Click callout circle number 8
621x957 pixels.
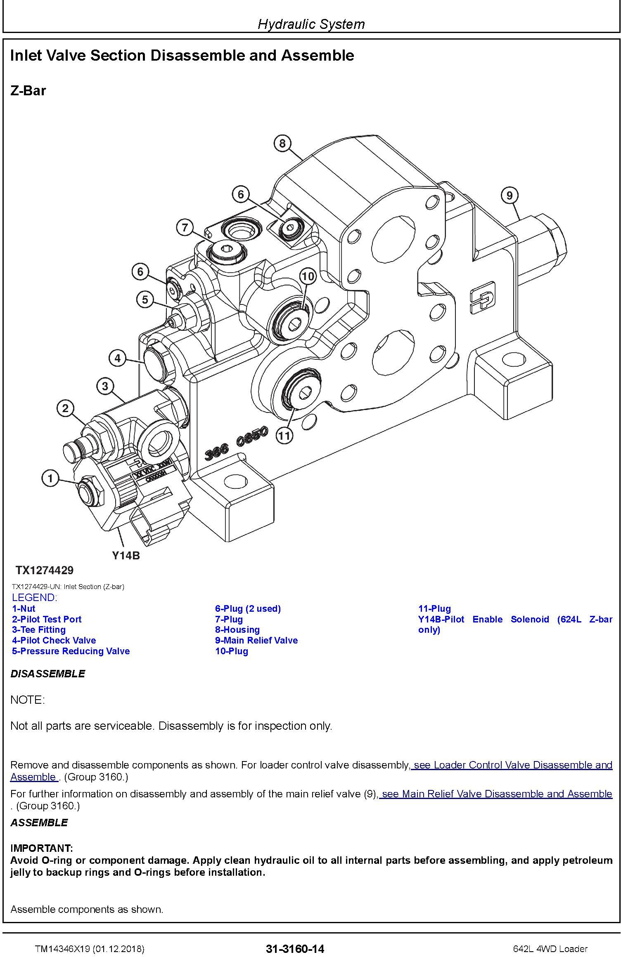tap(282, 143)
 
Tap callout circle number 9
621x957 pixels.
tap(509, 195)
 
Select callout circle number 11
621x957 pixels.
tap(284, 436)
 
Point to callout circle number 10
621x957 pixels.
tap(308, 276)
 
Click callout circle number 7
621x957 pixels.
tap(185, 227)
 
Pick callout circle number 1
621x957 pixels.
tap(50, 478)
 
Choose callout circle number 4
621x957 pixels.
tap(118, 358)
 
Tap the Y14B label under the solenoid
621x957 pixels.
tap(126, 556)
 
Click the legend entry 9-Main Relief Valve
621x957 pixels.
tap(256, 640)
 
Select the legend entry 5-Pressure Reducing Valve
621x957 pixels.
tap(71, 651)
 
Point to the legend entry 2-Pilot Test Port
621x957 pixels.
tap(47, 619)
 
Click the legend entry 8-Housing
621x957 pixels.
tap(237, 629)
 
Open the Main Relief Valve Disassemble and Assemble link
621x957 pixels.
tap(495, 794)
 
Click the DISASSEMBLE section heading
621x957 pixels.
tap(47, 674)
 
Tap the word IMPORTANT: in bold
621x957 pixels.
tap(41, 849)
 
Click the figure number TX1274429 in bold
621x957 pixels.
tap(45, 570)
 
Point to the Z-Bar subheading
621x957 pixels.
tap(28, 91)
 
